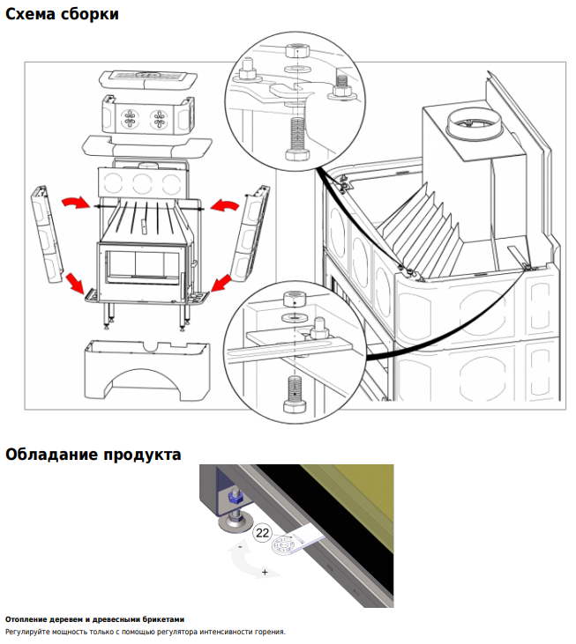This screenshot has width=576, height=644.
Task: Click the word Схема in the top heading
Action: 30,14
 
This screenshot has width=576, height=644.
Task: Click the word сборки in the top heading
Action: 90,14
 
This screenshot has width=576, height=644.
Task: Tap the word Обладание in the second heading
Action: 51,455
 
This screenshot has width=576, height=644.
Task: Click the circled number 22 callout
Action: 262,533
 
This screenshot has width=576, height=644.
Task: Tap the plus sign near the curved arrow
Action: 265,572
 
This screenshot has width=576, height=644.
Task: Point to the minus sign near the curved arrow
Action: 240,547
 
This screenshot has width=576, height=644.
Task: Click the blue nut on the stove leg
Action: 236,499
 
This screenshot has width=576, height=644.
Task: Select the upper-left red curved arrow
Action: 76,202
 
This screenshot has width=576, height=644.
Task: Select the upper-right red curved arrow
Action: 224,204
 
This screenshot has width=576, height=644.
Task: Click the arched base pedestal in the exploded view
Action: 146,370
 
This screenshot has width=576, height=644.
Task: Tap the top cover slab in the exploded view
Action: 148,79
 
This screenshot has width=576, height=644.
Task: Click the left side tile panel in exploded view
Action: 47,233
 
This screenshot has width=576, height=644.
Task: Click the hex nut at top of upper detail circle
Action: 297,50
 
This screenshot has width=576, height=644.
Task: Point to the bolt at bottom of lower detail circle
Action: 295,395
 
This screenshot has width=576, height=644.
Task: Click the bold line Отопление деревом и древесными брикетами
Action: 94,619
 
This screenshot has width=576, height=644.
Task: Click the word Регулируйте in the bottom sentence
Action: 27,632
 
